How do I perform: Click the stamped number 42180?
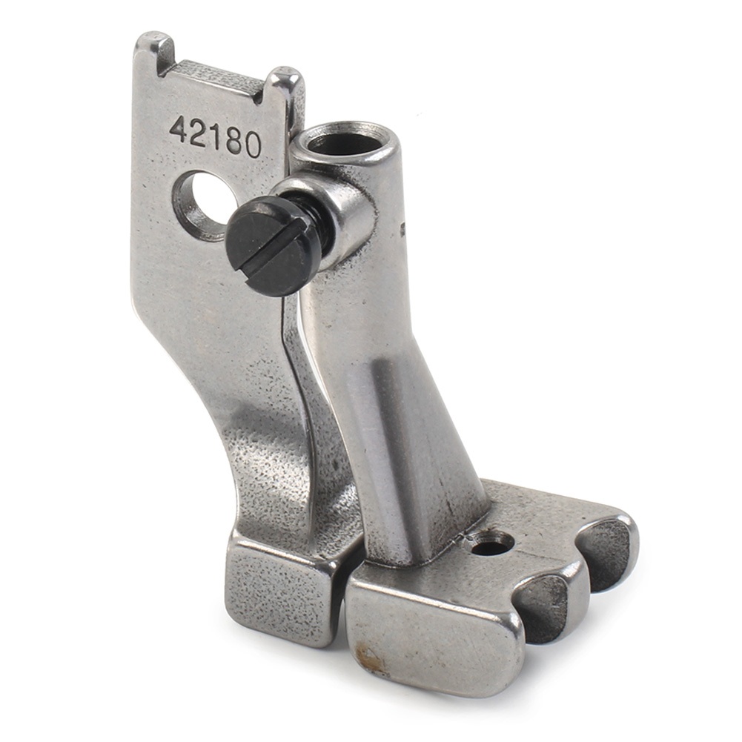click(216, 136)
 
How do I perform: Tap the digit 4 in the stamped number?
click(180, 129)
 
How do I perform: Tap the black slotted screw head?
click(264, 247)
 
